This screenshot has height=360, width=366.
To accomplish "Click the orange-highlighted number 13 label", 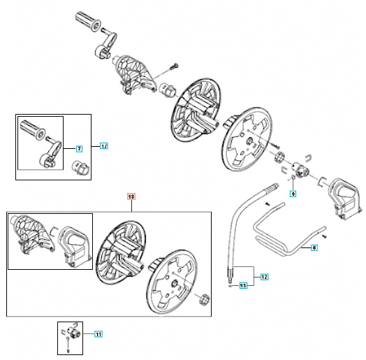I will coord(131,198).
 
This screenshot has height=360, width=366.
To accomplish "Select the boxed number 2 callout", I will coord(79,148).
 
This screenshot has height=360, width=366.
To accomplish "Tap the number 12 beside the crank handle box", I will coord(103,147).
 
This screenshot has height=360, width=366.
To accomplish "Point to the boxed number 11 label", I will coord(99,335).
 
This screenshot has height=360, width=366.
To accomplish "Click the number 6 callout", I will coord(314,247).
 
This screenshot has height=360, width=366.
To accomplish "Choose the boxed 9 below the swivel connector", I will coord(293,194).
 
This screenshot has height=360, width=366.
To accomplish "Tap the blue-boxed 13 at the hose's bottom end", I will coord(243,286).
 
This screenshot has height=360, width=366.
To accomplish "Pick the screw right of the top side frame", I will coord(172,67).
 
